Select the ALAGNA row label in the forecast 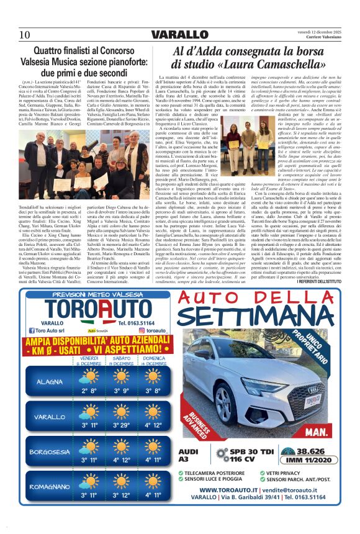(x=50, y=381)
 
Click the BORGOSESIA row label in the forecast (x=50, y=451)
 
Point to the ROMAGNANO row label (x=50, y=486)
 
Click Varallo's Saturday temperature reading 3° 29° (x=122, y=425)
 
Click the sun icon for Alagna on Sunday (x=153, y=376)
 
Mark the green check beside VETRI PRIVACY (x=261, y=472)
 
